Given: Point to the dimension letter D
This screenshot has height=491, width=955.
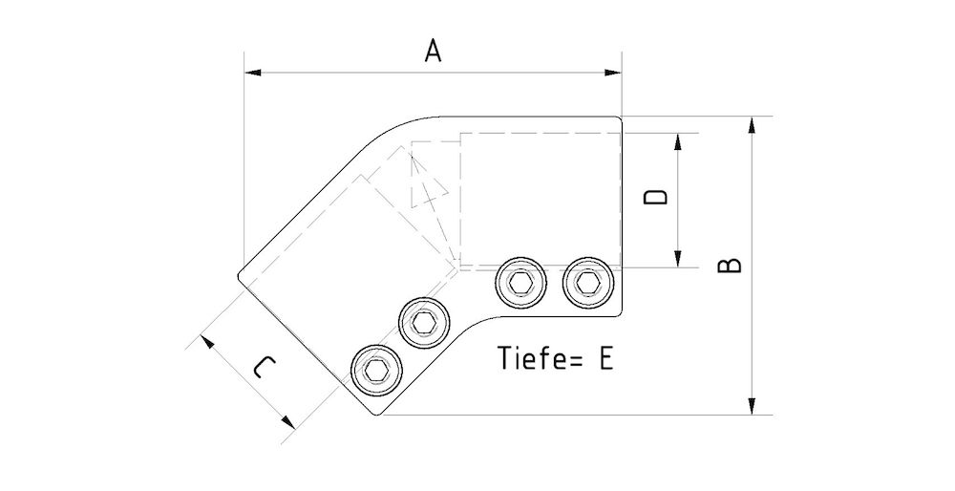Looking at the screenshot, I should pos(654,198).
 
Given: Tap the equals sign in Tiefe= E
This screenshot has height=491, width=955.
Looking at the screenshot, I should pos(576,359).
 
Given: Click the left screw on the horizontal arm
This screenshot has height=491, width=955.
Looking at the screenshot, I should pos(520,283).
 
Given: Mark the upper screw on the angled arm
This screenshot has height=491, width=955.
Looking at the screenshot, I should pos(424,321).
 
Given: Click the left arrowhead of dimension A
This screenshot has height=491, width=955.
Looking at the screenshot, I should pos(251,72).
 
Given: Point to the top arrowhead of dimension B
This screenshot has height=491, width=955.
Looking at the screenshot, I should pos(753,124).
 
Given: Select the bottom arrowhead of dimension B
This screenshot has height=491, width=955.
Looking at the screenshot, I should pos(753,408).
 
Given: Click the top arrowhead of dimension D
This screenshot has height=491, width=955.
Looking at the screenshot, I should pos(678,139).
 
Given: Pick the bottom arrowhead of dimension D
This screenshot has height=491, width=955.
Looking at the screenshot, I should pos(678,259).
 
